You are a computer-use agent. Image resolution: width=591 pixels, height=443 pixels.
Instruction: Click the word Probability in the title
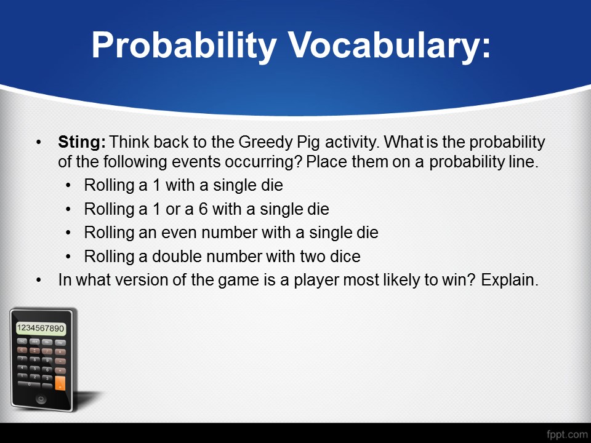coord(184,46)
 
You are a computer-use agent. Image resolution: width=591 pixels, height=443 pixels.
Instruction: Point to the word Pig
coord(308,143)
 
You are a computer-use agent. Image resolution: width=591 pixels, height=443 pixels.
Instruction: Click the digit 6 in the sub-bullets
coord(203,209)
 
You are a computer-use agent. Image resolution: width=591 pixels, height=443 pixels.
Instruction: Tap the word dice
coord(345,256)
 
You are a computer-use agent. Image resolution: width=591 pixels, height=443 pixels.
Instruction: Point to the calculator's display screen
coord(41,328)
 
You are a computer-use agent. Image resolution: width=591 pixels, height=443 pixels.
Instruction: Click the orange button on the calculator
coord(60,383)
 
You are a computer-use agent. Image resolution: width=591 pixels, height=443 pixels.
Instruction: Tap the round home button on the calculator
coord(41,399)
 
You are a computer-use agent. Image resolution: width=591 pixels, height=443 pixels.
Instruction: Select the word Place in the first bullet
coord(328,162)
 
